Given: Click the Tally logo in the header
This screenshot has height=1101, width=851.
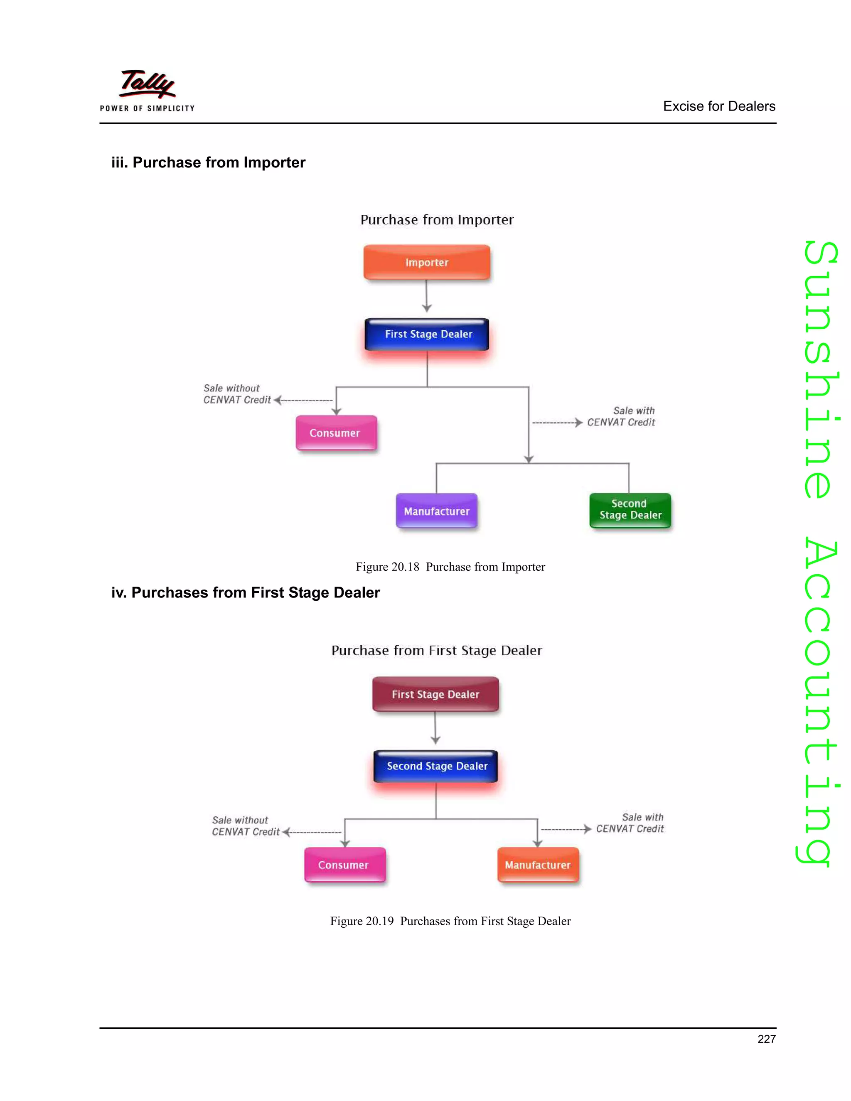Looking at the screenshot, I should coord(147,89).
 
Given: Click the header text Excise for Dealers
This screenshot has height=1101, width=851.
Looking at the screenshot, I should coord(718,106).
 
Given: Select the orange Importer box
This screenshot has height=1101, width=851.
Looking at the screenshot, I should coord(426,262).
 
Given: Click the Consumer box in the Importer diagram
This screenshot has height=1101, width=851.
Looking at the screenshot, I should coord(336,433).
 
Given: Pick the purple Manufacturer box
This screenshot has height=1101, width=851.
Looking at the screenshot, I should coord(437,511).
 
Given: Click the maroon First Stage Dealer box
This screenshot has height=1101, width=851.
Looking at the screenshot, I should coord(435,694).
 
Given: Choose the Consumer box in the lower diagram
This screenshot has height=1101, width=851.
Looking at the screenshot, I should coord(344,865).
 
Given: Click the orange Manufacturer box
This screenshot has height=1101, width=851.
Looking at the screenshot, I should coord(538,865).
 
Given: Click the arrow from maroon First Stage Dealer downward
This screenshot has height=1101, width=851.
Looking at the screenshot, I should coord(435,730).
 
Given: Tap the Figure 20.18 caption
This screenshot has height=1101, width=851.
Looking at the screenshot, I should coord(450,567).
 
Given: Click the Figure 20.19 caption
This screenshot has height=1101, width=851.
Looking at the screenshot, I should coord(450,922).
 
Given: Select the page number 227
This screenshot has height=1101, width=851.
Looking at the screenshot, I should coord(766,1039).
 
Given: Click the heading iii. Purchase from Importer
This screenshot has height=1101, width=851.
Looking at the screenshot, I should coord(208,162).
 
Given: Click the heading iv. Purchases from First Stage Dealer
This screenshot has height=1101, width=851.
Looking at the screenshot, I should coord(246,592).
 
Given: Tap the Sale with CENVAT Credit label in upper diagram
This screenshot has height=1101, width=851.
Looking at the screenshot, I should coord(621,417).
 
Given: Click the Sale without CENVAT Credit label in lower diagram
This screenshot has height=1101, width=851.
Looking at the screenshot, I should coord(245,826).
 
